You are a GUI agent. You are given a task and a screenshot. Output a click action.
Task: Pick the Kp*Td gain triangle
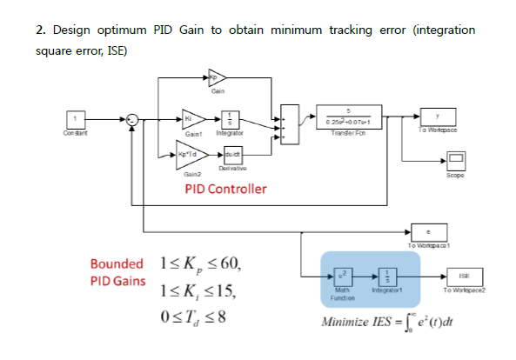pyautogui.click(x=189, y=157)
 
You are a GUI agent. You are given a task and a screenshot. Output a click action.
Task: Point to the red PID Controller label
pyautogui.click(x=225, y=188)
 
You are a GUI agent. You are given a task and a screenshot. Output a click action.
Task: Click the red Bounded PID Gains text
pyautogui.click(x=117, y=272)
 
